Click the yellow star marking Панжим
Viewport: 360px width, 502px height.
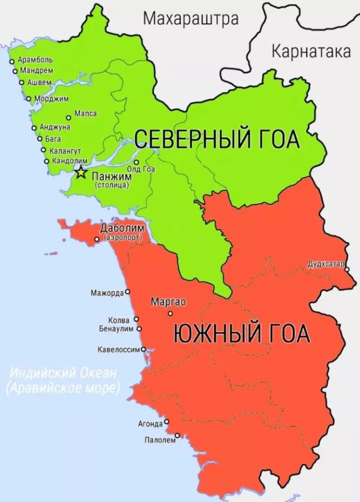pyautogui.click(x=80, y=172)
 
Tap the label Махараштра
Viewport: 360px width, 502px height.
pyautogui.click(x=190, y=18)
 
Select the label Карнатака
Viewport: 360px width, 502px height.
pyautogui.click(x=311, y=52)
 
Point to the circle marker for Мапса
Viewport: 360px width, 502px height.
pyautogui.click(x=69, y=118)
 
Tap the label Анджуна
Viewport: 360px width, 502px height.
pyautogui.click(x=55, y=127)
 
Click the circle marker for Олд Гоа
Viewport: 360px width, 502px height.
pyautogui.click(x=136, y=162)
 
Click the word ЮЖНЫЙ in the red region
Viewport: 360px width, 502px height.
pyautogui.click(x=210, y=334)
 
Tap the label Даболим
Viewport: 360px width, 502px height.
pyautogui.click(x=122, y=229)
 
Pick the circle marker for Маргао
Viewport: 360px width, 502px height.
pyautogui.click(x=170, y=313)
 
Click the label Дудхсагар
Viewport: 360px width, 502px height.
pyautogui.click(x=326, y=264)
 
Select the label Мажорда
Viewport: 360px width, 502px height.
pyautogui.click(x=107, y=292)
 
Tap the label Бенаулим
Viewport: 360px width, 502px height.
pyautogui.click(x=116, y=329)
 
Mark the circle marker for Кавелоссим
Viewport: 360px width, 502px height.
pyautogui.click(x=143, y=349)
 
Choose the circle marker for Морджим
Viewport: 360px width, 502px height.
pyautogui.click(x=29, y=99)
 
